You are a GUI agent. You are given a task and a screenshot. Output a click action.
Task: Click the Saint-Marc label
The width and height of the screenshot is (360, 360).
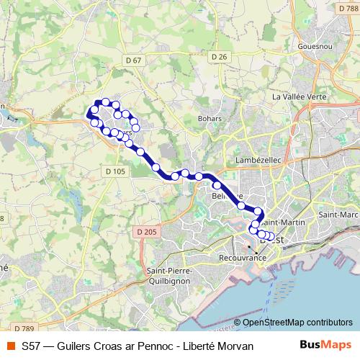(338, 215)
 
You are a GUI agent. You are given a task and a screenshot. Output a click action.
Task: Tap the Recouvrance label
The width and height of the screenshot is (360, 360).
(240, 256)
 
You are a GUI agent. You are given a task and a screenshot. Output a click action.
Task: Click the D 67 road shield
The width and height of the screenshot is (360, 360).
(132, 59)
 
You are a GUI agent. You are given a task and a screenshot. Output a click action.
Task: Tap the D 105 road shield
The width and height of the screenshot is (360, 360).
(115, 171)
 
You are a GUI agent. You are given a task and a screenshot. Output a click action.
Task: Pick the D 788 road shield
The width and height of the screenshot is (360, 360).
(348, 7)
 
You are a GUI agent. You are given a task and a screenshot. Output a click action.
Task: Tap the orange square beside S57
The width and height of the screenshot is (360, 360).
(11, 346)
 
